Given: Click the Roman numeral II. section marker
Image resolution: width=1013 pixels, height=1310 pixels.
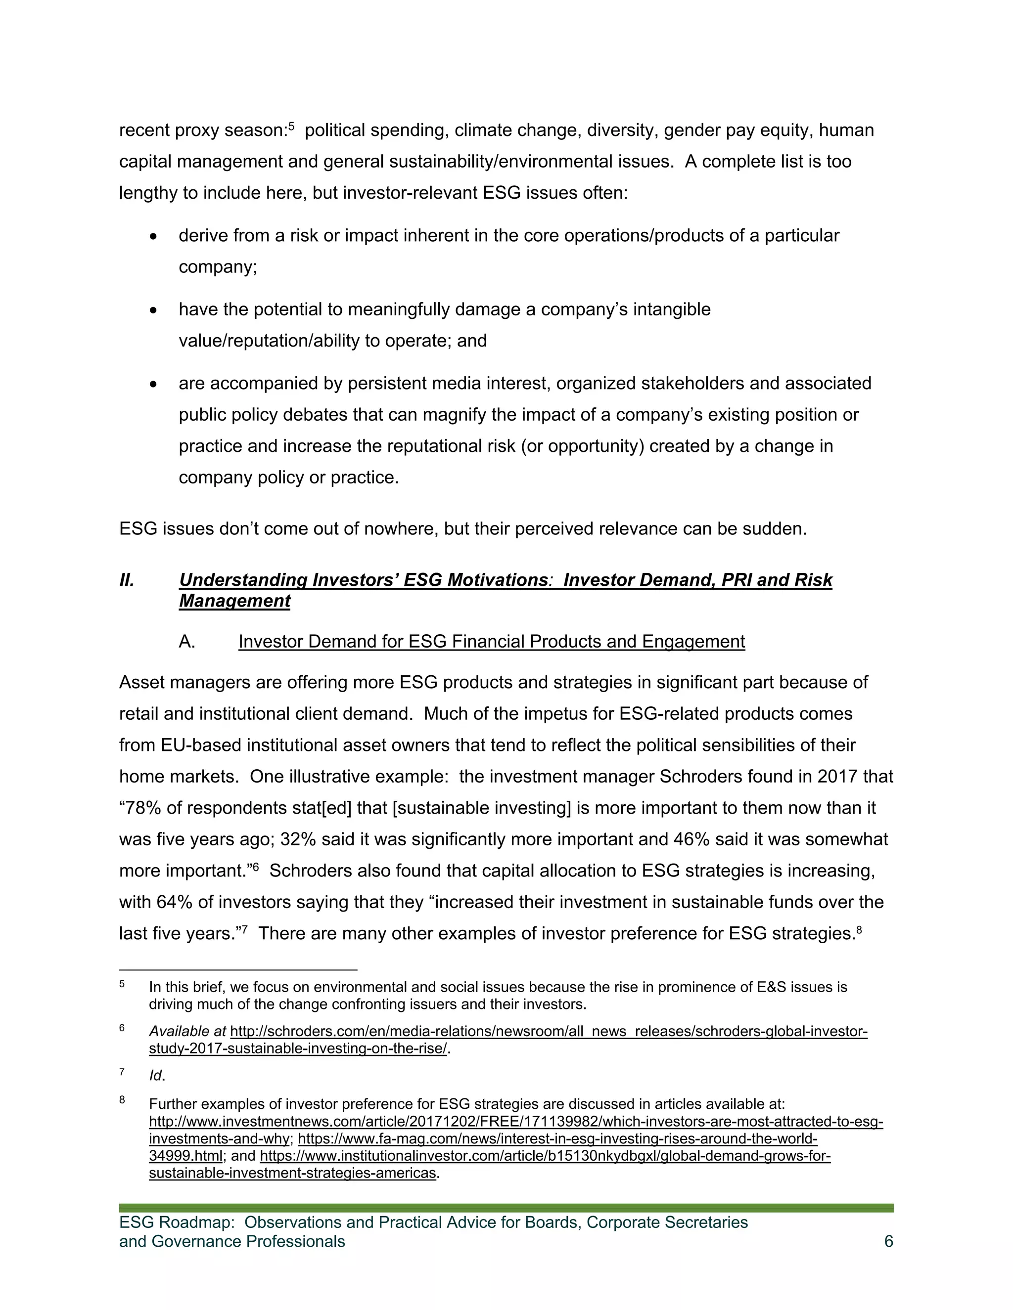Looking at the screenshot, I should [x=127, y=580].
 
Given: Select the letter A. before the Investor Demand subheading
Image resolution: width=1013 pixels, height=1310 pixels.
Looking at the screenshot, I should [x=186, y=642].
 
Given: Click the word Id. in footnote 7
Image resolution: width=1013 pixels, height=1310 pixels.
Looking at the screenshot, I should [x=156, y=1076].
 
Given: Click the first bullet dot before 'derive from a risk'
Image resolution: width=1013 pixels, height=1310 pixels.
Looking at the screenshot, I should [x=154, y=237].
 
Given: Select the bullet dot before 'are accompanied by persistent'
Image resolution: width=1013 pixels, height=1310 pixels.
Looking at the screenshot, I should [x=154, y=385].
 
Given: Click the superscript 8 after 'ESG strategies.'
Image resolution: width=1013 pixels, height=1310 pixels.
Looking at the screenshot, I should [x=859, y=930].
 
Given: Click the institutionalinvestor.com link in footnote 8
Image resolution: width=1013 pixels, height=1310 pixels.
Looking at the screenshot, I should [x=545, y=1156].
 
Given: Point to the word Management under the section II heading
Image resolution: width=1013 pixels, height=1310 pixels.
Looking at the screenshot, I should [x=234, y=601].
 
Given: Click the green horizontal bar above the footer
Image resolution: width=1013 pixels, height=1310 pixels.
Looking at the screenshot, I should [x=506, y=1208].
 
